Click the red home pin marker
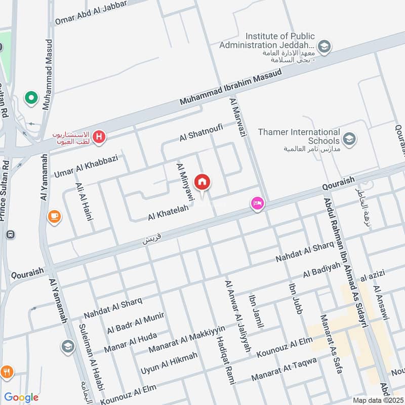(202, 182)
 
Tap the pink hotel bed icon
(257, 204)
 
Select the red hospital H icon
(100, 137)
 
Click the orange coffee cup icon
(54, 217)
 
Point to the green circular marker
(31, 98)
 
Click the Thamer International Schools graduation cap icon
(349, 138)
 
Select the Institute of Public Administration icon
(325, 47)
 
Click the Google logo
(21, 397)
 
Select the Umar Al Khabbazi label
(86, 166)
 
